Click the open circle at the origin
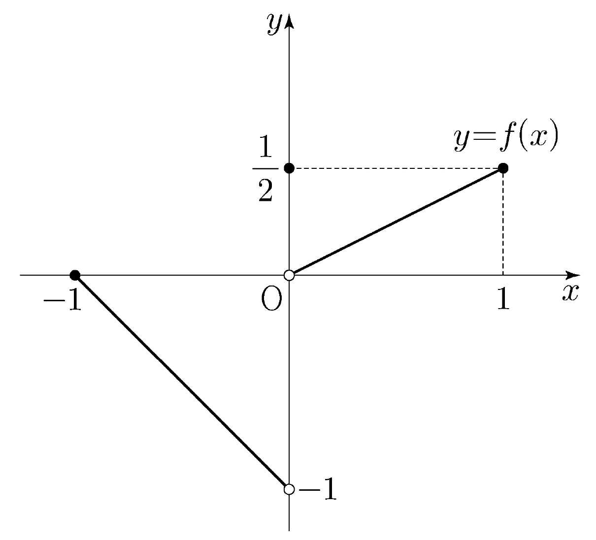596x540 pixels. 289,275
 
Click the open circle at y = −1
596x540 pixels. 289,489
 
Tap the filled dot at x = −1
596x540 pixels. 75,275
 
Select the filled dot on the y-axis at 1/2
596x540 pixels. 289,168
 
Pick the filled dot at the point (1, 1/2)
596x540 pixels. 503,168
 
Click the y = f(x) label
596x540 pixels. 506,136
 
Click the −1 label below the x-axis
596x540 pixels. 63,299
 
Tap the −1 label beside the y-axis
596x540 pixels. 318,489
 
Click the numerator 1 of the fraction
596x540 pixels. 265,146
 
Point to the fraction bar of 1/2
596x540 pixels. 265,169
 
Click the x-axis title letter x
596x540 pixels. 570,292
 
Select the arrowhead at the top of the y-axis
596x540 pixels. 289,21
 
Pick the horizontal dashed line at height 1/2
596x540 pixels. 396,168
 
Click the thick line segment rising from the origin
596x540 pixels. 396,222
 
